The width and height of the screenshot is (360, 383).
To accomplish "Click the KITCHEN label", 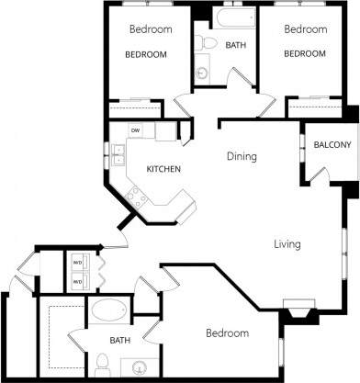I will [163, 170].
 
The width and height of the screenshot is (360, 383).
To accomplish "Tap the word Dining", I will [242, 156].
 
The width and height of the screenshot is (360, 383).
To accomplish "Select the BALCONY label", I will [331, 145].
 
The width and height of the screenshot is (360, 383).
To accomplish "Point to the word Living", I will [287, 244].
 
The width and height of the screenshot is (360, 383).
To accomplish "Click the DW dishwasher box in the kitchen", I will [135, 131].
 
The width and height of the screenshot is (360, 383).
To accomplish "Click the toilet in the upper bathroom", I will [208, 43].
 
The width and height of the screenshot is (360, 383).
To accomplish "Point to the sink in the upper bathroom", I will [202, 73].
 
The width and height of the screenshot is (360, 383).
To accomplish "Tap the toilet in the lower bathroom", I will [102, 360].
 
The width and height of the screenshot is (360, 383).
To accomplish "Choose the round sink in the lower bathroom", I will [141, 368].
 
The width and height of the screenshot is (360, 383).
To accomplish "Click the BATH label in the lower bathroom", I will [120, 341].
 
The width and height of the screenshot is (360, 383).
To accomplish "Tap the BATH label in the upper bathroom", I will [236, 45].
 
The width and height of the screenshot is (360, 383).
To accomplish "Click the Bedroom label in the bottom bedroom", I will [226, 333].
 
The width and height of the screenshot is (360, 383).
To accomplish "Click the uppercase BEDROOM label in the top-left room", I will [146, 54].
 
